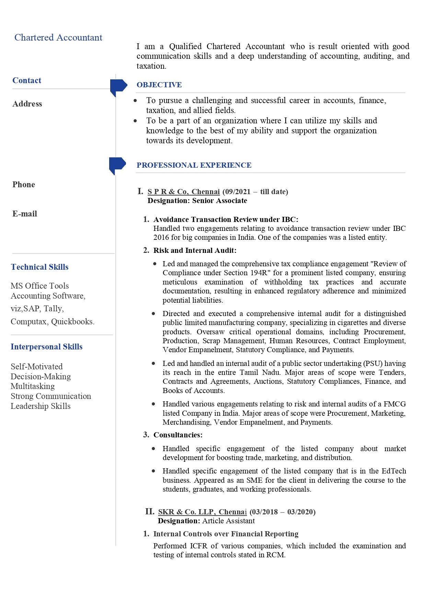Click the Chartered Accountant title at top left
click(58, 37)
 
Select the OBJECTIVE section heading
click(159, 85)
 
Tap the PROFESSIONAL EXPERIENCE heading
click(194, 165)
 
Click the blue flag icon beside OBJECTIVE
click(118, 86)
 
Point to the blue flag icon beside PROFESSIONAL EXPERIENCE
click(117, 165)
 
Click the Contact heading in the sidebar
click(27, 80)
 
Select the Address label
click(27, 104)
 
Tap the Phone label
click(24, 185)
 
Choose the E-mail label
click(25, 214)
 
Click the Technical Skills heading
click(39, 267)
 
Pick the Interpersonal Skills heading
click(46, 347)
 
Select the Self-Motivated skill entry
click(37, 367)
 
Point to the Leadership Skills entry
click(41, 406)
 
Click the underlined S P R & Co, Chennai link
click(184, 192)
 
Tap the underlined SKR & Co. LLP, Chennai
click(202, 512)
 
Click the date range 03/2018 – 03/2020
click(283, 512)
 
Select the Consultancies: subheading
click(178, 435)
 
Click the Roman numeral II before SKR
click(150, 511)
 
